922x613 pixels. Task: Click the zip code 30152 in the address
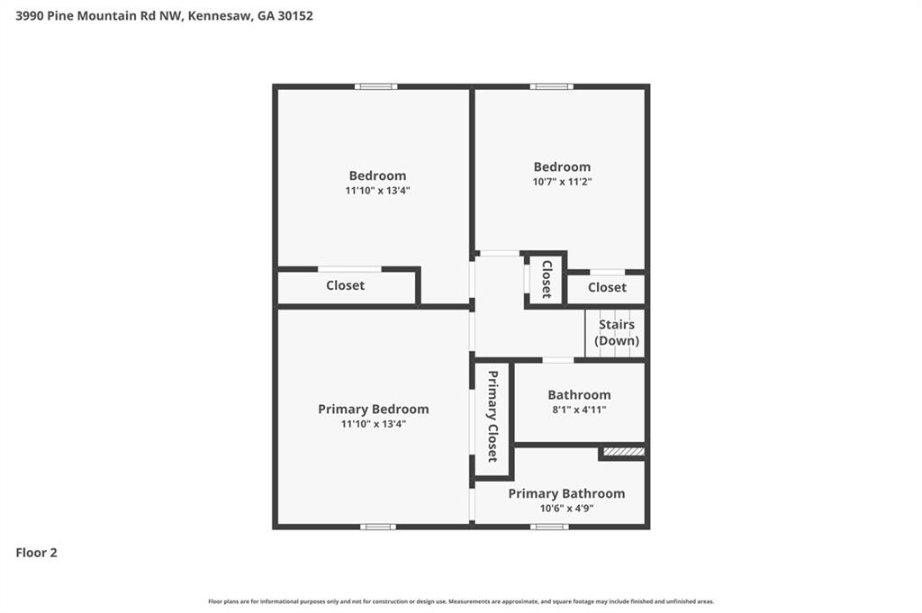pos(294,15)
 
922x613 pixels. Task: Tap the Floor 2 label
pos(37,553)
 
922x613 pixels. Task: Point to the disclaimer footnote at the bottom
pos(461,601)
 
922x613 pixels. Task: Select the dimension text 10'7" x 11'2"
pos(562,182)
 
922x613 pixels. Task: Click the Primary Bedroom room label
pos(373,409)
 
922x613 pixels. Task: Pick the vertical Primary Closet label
pos(493,416)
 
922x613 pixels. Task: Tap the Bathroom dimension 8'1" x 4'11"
pos(579,410)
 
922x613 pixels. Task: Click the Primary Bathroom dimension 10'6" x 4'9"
pos(566,508)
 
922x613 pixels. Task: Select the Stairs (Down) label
pos(617,332)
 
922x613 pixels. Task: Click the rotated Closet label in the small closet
pos(546,279)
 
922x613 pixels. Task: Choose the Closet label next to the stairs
pos(607,287)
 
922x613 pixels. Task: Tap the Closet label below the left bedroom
pos(345,285)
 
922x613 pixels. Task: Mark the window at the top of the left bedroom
pos(375,86)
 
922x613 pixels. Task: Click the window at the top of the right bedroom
pos(551,86)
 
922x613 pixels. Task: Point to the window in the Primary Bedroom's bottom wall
pos(377,527)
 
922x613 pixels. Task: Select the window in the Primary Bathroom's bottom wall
pos(549,527)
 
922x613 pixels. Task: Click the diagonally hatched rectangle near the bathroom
pos(624,451)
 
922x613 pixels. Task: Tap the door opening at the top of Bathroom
pos(558,360)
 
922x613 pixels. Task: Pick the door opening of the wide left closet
pos(349,268)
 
